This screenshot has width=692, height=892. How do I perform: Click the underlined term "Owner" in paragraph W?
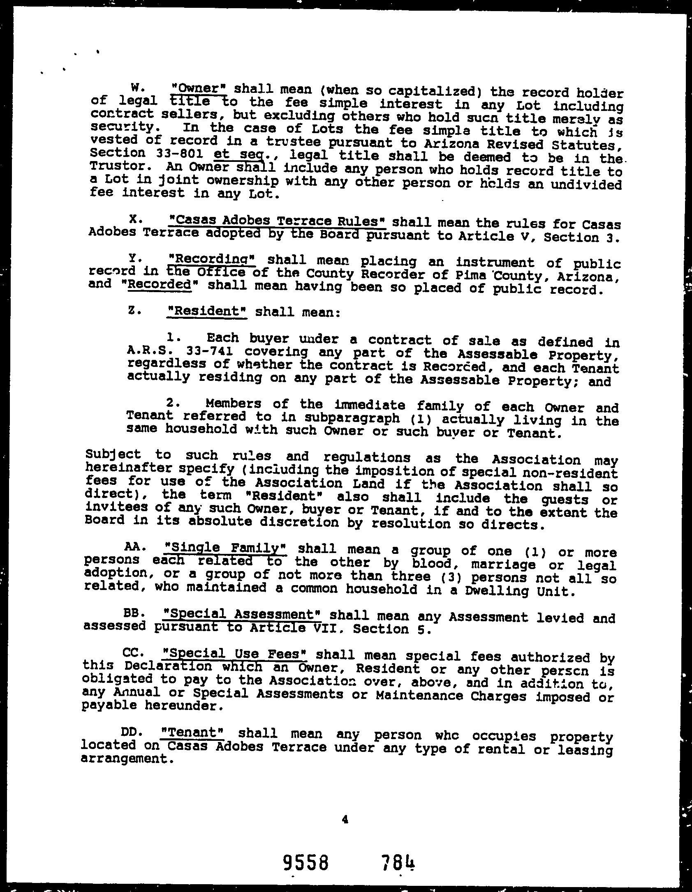tap(201, 88)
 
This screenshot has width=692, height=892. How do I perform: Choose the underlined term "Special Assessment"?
tap(242, 614)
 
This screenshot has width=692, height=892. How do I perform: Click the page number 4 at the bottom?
tap(345, 820)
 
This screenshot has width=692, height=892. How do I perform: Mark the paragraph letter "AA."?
tap(135, 547)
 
